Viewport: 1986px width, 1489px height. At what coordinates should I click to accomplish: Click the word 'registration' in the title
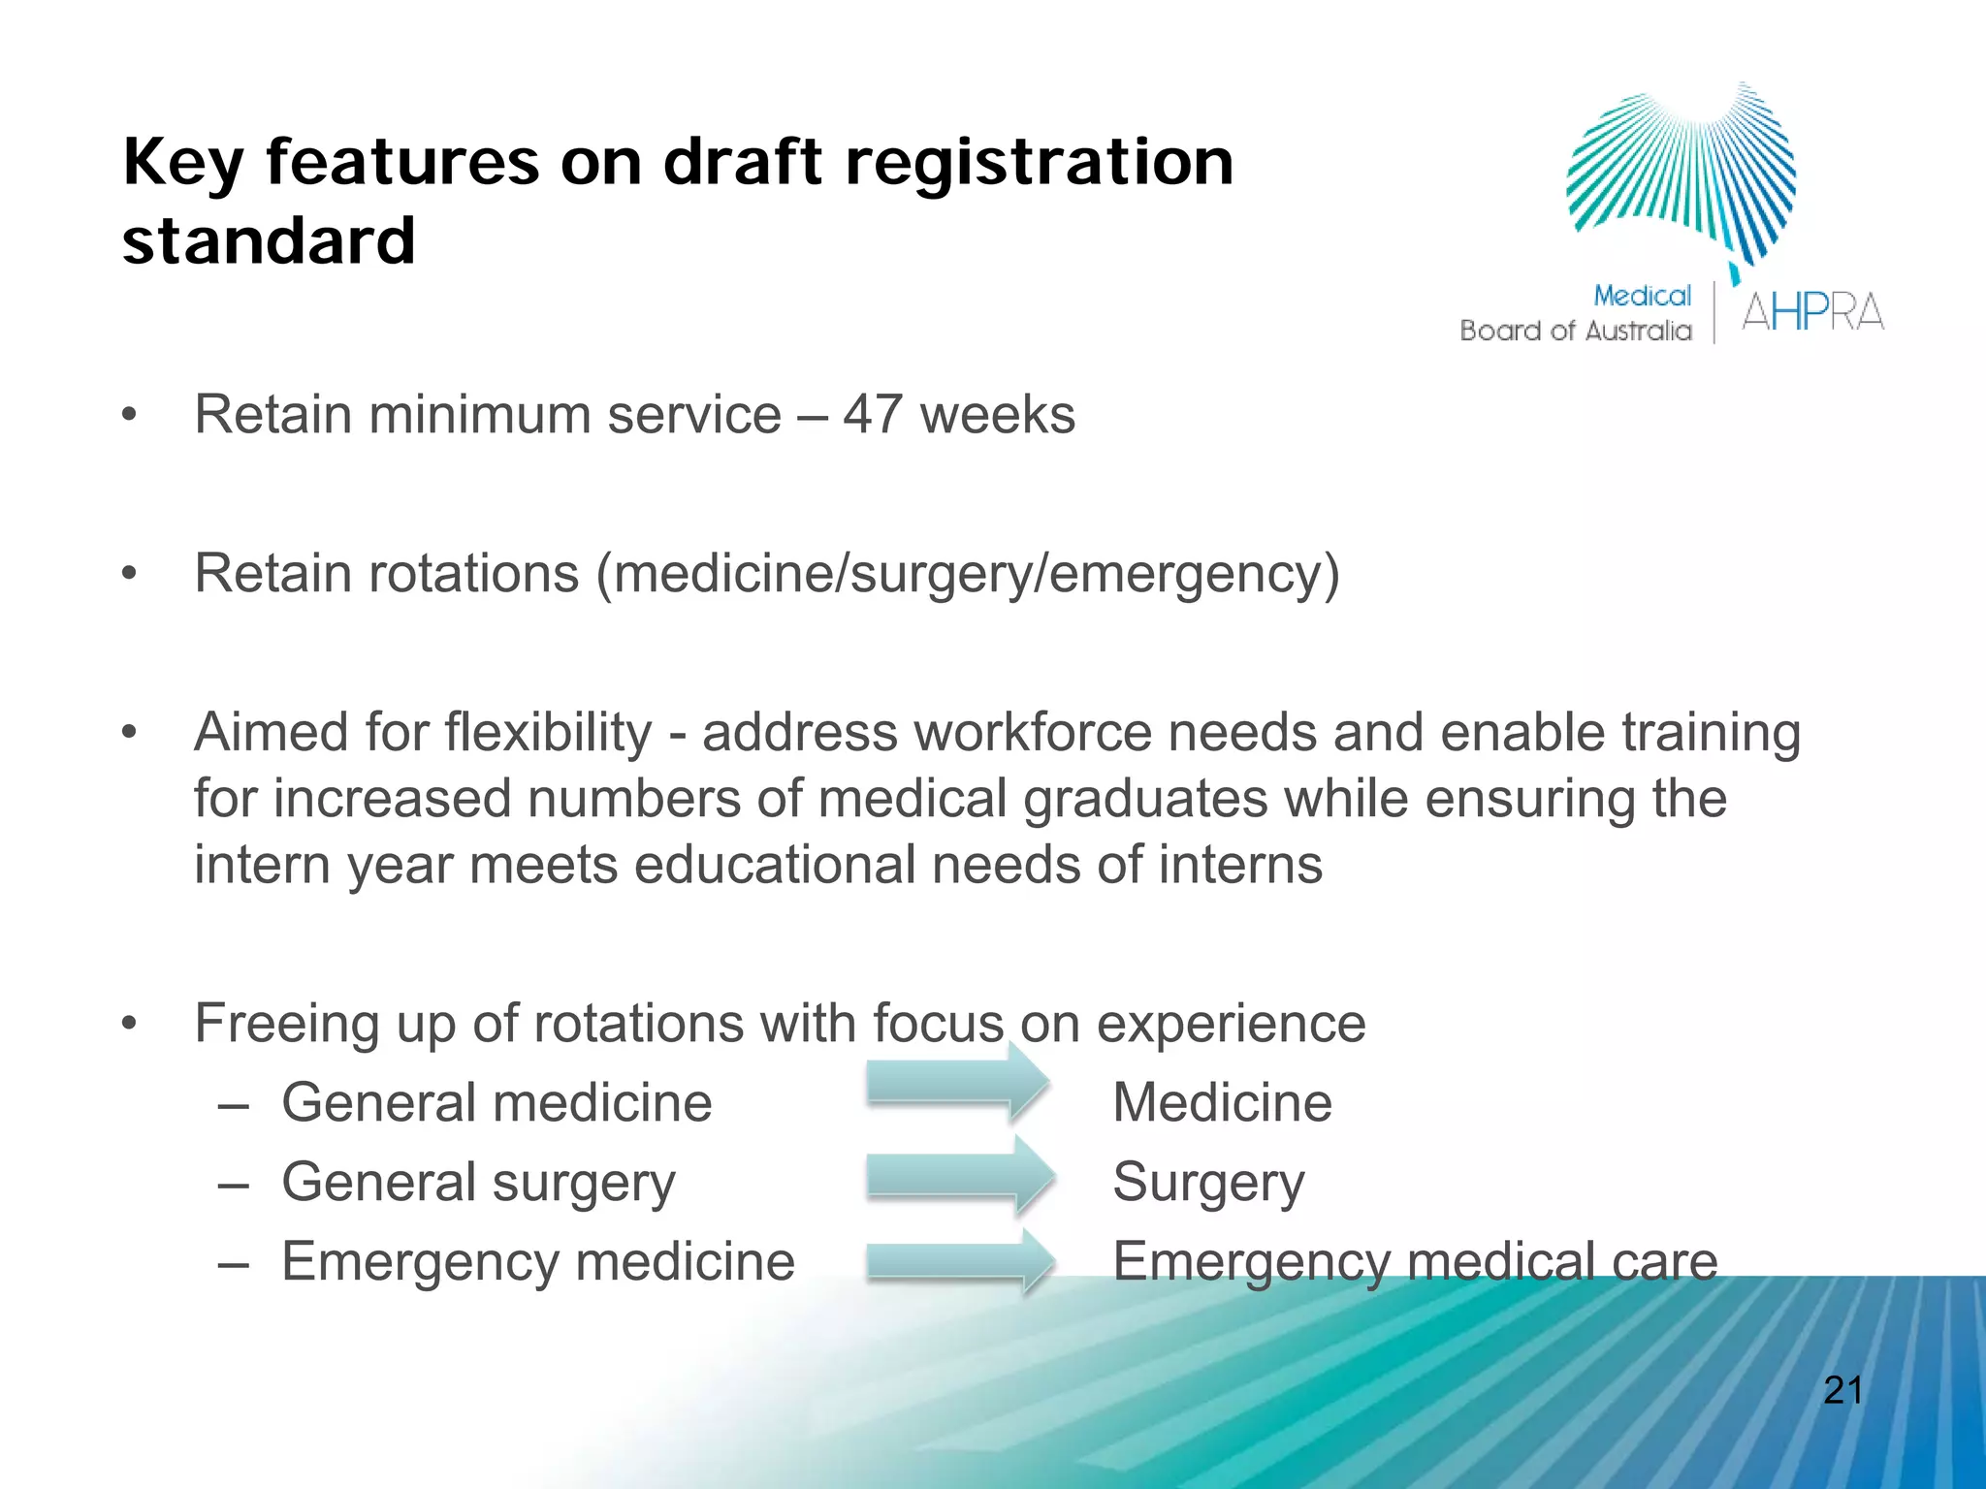[x=1039, y=162]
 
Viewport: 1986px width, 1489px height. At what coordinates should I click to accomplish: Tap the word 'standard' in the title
[x=269, y=241]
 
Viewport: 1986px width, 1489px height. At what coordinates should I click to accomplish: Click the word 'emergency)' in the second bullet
[x=1195, y=574]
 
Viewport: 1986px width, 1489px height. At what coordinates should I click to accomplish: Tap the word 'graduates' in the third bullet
[x=1145, y=800]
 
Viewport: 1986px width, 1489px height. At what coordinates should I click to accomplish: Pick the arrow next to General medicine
[x=955, y=1083]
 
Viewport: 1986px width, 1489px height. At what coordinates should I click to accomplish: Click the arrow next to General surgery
[x=958, y=1176]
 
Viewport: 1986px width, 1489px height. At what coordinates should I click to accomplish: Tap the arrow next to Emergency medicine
[x=958, y=1261]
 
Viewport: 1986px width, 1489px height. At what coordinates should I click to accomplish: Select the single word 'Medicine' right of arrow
[x=1222, y=1103]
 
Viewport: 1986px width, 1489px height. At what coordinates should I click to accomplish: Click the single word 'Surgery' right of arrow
[x=1208, y=1183]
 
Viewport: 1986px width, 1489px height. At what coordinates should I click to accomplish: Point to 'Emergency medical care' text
[x=1414, y=1262]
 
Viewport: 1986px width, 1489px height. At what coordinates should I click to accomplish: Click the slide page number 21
[x=1842, y=1391]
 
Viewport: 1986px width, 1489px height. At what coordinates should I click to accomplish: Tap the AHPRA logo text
[x=1811, y=312]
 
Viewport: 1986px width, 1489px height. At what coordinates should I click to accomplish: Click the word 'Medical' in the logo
[x=1642, y=296]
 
